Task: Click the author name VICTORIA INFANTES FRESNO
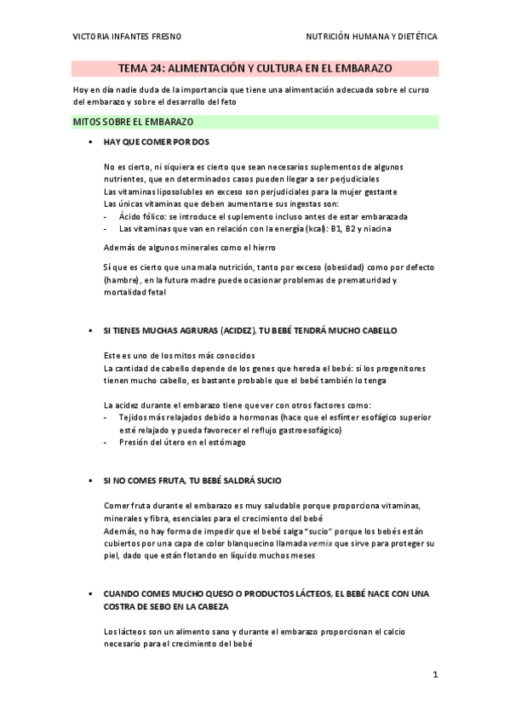coord(127,37)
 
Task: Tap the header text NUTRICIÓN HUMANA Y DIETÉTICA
coord(372,37)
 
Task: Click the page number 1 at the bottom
coord(434,676)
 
